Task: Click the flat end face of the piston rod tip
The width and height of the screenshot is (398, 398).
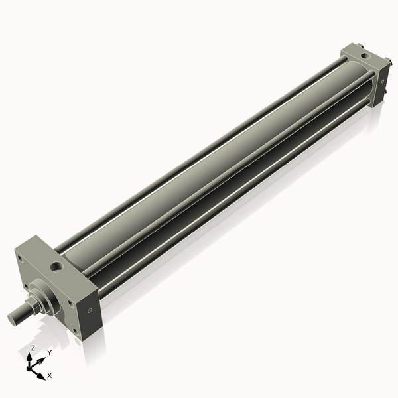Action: click(11, 319)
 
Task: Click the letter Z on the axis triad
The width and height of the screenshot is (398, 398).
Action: click(33, 348)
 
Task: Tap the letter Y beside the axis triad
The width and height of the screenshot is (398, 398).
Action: click(49, 353)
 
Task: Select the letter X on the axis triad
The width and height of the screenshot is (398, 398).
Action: click(50, 375)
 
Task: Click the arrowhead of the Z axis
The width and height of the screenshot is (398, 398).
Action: click(31, 356)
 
